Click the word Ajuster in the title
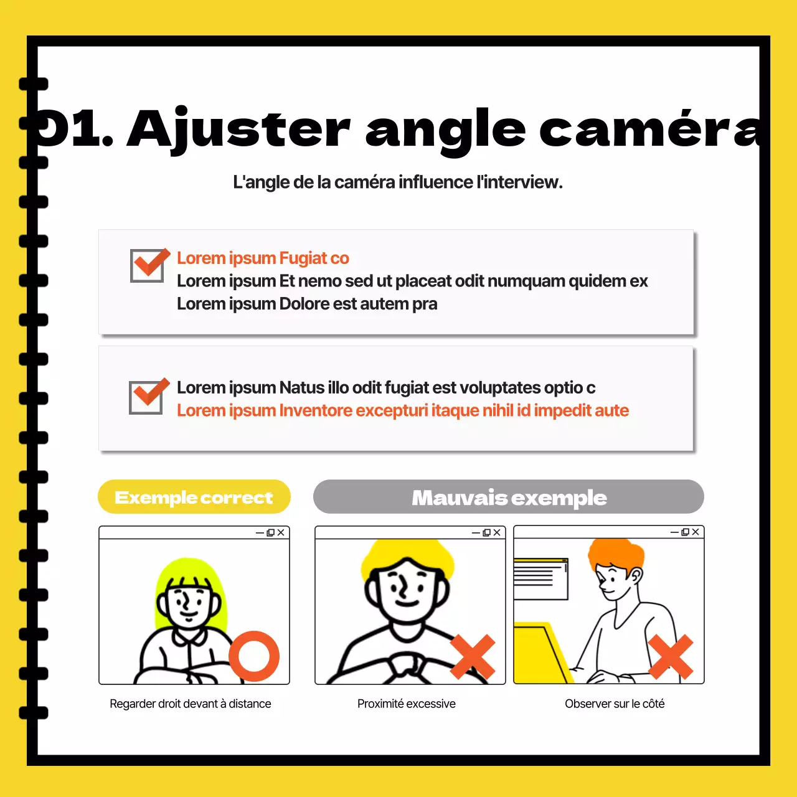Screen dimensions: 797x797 coord(238,130)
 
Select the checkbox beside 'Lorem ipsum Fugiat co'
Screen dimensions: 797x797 coord(149,265)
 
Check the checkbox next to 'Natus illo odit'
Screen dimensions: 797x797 coord(148,396)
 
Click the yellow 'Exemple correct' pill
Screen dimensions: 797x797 coord(194,497)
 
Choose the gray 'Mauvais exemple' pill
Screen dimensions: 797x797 coord(508,497)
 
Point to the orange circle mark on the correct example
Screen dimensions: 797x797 coord(254,656)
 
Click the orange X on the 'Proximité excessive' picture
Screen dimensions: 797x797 coord(473,657)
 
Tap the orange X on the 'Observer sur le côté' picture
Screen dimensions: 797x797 coord(671,657)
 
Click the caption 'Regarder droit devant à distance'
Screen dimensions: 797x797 coord(191,704)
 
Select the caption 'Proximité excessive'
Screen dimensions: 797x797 coord(406,704)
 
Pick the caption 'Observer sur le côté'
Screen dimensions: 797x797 coord(615,704)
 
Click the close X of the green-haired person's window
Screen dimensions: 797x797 coord(281,532)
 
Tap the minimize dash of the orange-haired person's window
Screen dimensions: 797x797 coord(674,532)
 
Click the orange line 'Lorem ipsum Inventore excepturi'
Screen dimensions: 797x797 coord(402,411)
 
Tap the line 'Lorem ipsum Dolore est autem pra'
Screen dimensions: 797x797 coord(307,304)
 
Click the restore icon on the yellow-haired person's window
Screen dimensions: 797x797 coord(487,532)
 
